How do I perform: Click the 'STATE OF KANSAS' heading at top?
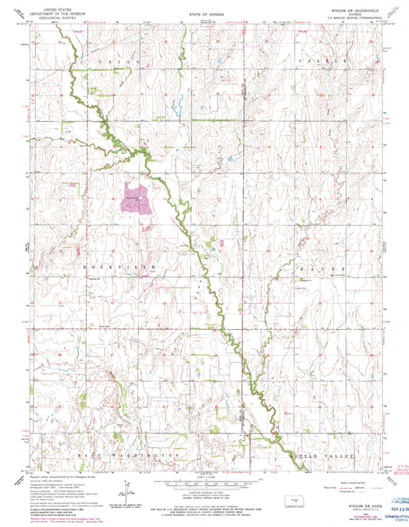[x=204, y=15]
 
